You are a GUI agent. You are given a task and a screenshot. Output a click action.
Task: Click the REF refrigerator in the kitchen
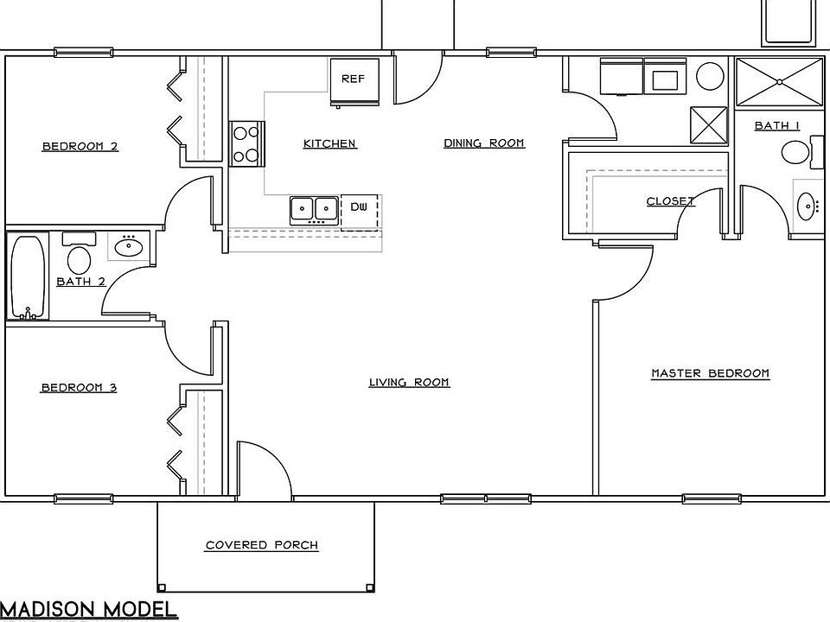click(354, 82)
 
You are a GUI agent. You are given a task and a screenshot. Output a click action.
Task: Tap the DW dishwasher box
click(360, 213)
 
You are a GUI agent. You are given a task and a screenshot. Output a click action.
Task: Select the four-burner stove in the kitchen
click(246, 144)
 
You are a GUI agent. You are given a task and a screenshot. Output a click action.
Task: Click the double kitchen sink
click(314, 211)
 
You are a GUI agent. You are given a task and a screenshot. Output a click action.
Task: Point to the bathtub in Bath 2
click(28, 276)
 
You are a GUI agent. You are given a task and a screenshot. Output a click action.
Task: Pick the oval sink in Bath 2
click(129, 246)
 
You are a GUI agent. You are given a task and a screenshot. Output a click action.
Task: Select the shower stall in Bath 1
click(779, 81)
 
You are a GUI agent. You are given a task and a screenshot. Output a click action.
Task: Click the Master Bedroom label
click(710, 373)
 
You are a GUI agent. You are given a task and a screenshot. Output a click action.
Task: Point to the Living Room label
click(409, 382)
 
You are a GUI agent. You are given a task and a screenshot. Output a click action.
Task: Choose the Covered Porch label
click(262, 545)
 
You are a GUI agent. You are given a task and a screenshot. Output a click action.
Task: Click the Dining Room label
click(484, 143)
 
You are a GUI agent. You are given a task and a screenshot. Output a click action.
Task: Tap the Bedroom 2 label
click(80, 147)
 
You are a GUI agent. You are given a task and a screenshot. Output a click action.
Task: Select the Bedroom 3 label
click(79, 388)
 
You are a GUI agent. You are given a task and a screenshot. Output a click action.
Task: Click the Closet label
click(670, 201)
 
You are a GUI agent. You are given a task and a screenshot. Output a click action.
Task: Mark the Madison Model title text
click(88, 609)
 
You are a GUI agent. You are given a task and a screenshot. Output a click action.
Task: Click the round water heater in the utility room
click(710, 76)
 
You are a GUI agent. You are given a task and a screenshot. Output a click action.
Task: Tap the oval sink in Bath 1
click(807, 206)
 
